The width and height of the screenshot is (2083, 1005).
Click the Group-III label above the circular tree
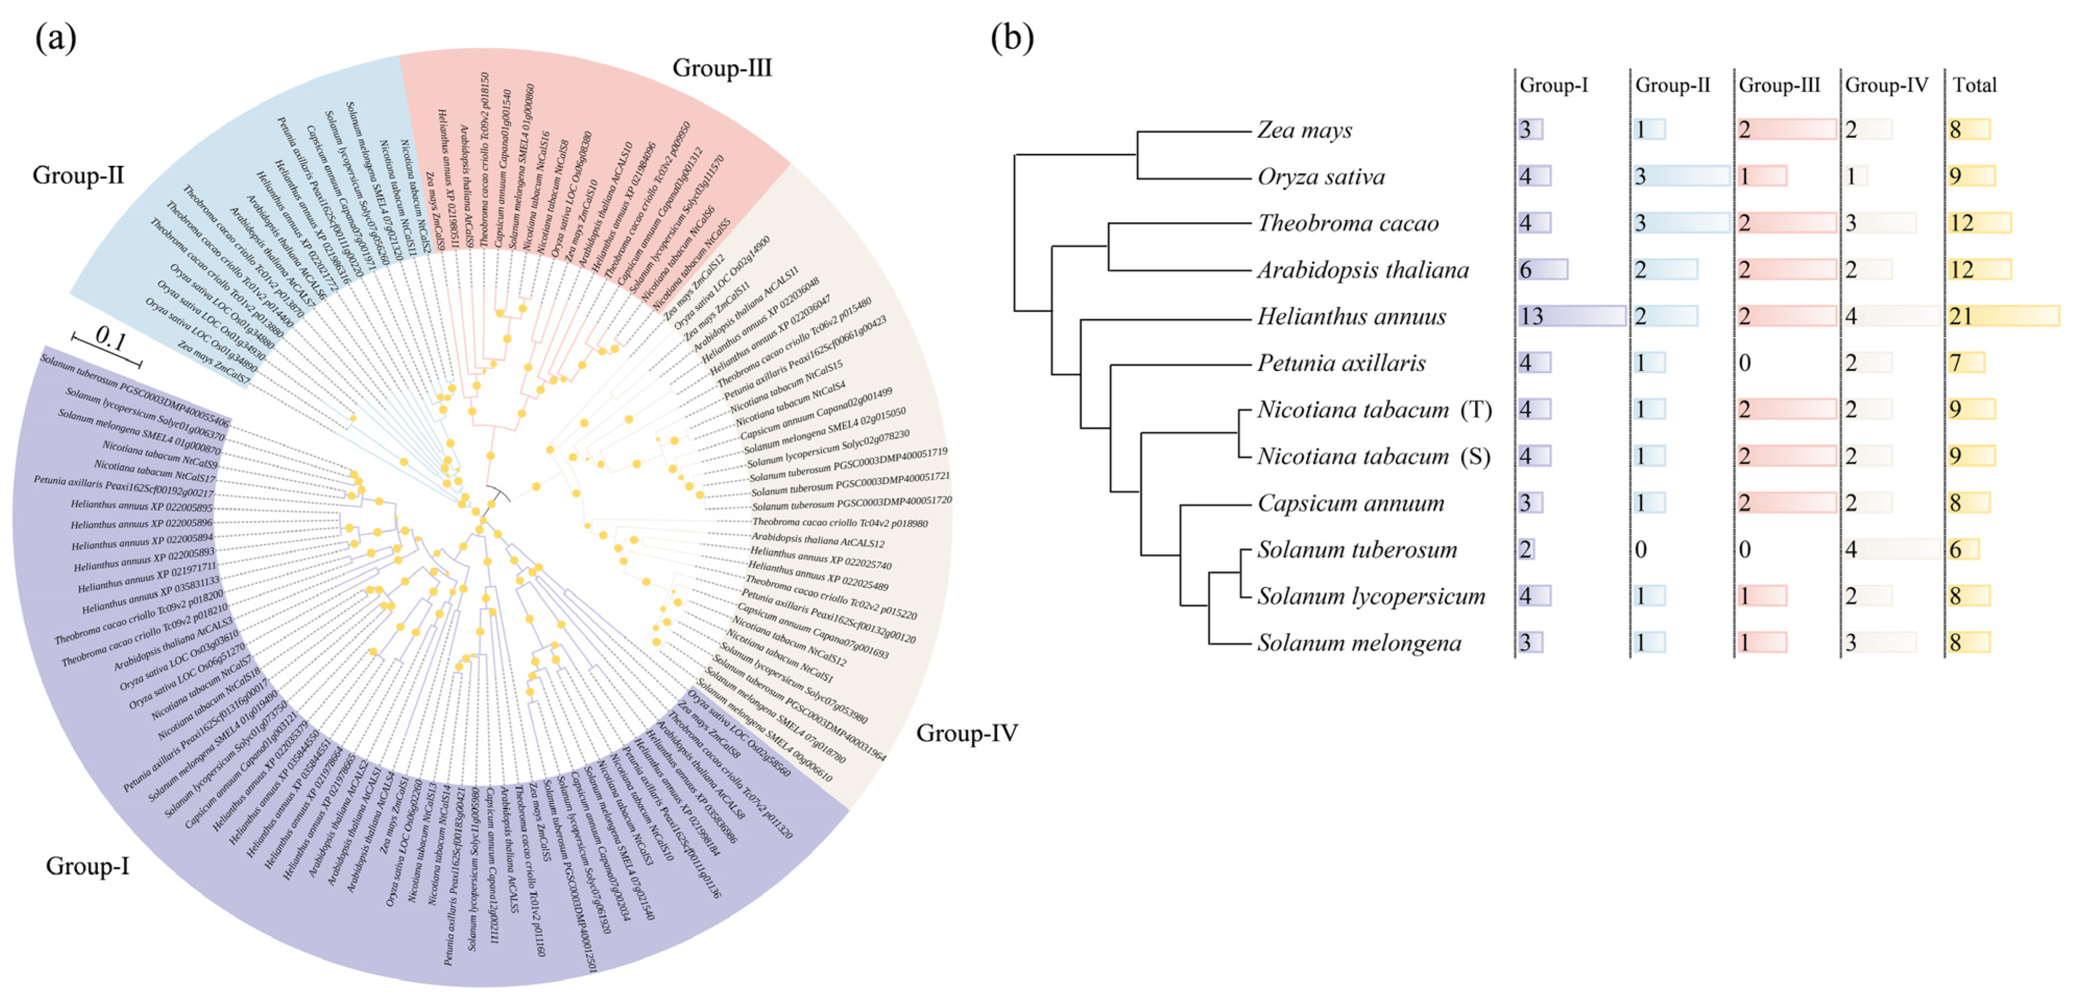(721, 68)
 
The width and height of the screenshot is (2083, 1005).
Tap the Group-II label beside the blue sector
(78, 175)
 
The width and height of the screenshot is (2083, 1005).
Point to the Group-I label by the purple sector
(87, 866)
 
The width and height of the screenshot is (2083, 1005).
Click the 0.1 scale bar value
(110, 339)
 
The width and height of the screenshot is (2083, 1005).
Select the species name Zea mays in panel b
(1304, 130)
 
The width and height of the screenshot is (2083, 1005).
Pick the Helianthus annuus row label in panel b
(1351, 316)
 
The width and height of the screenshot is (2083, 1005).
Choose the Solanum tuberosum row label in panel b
(1357, 550)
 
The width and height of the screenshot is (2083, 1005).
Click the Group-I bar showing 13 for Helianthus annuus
(1571, 316)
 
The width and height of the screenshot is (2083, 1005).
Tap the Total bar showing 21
(2003, 316)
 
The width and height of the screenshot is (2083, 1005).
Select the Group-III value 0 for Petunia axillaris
(1745, 363)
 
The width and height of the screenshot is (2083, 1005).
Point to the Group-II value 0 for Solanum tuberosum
(1641, 550)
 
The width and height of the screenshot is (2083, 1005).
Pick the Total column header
(1974, 85)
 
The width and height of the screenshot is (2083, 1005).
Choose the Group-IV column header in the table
(1886, 85)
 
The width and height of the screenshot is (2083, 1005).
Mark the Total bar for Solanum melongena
(1968, 643)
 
